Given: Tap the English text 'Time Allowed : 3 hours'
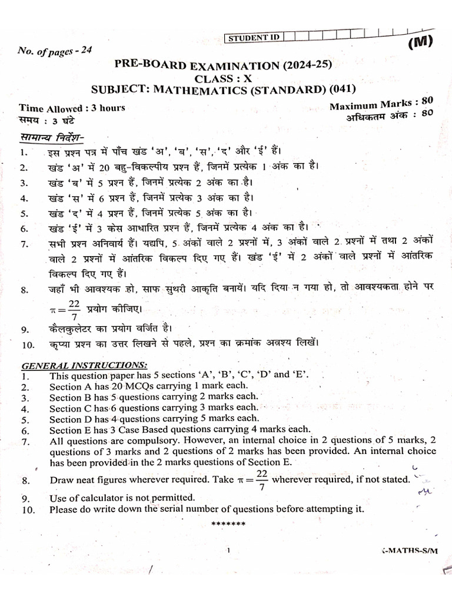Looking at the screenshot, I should [72, 108].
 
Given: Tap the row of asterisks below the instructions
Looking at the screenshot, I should [227, 523].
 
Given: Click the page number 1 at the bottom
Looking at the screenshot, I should [227, 551].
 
